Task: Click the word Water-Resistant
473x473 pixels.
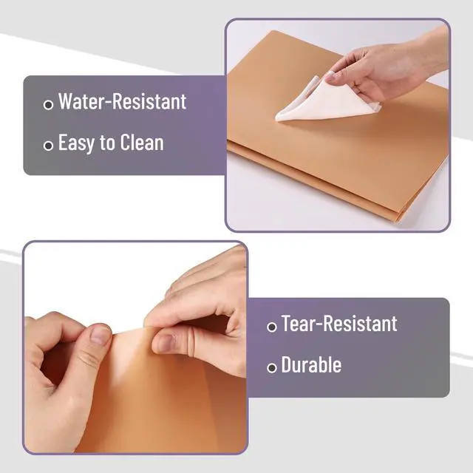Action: pyautogui.click(x=122, y=101)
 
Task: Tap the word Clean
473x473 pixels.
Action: pyautogui.click(x=142, y=143)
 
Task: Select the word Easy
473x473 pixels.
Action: pyautogui.click(x=77, y=143)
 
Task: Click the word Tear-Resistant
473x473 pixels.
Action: pyautogui.click(x=339, y=324)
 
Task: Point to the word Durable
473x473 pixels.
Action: pyautogui.click(x=311, y=364)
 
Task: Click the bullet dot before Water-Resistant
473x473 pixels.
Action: pyautogui.click(x=48, y=105)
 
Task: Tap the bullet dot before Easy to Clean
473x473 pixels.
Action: pyautogui.click(x=48, y=146)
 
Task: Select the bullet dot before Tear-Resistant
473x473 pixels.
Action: pyautogui.click(x=272, y=327)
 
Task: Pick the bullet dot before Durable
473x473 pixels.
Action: pyautogui.click(x=272, y=368)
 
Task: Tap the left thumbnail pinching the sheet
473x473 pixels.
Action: pyautogui.click(x=101, y=336)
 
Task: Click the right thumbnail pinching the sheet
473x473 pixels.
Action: pyautogui.click(x=166, y=343)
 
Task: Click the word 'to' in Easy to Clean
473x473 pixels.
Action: pyautogui.click(x=108, y=143)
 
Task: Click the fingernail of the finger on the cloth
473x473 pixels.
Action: pyautogui.click(x=331, y=77)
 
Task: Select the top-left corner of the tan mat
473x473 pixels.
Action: pyautogui.click(x=273, y=31)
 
